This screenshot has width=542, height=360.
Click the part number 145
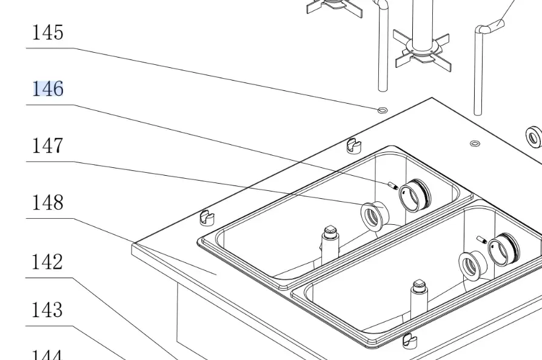47,33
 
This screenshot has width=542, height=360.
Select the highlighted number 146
47,89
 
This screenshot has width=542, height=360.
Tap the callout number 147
47,146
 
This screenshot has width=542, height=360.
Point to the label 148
47,202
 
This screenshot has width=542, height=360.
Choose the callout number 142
47,262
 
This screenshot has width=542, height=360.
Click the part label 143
47,310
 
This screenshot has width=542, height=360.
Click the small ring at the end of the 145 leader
383,110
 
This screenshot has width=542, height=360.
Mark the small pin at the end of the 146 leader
392,186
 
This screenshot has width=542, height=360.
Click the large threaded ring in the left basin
417,195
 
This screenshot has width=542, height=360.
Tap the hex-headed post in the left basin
330,239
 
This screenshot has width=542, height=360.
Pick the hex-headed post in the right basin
419,294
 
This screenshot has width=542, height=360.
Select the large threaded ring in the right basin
504,248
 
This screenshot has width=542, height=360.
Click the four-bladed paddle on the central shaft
422,47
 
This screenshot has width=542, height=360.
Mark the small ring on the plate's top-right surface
475,144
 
